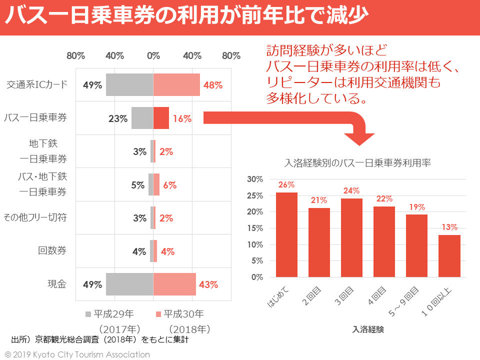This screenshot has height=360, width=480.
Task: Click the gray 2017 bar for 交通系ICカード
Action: (129, 85)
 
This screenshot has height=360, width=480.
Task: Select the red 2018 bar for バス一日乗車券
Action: (161, 118)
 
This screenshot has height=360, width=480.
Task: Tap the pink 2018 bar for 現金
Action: (174, 284)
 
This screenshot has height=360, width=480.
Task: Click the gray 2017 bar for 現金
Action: (129, 284)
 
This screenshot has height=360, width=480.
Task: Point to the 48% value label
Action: (213, 85)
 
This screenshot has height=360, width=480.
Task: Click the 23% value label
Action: (118, 119)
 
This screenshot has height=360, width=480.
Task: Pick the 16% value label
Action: (182, 119)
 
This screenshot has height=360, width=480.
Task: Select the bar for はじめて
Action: (286, 234)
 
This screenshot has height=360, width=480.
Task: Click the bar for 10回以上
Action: (449, 255)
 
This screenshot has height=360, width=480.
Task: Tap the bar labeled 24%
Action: (351, 237)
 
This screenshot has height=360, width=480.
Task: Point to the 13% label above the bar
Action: (449, 227)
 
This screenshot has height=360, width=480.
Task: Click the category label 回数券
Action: (52, 250)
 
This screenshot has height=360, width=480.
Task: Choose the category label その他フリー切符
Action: (35, 217)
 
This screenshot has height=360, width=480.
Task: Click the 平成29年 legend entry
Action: (111, 314)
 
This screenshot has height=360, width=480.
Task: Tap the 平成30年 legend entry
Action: (180, 314)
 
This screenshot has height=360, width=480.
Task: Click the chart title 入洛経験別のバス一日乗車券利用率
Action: (357, 162)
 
